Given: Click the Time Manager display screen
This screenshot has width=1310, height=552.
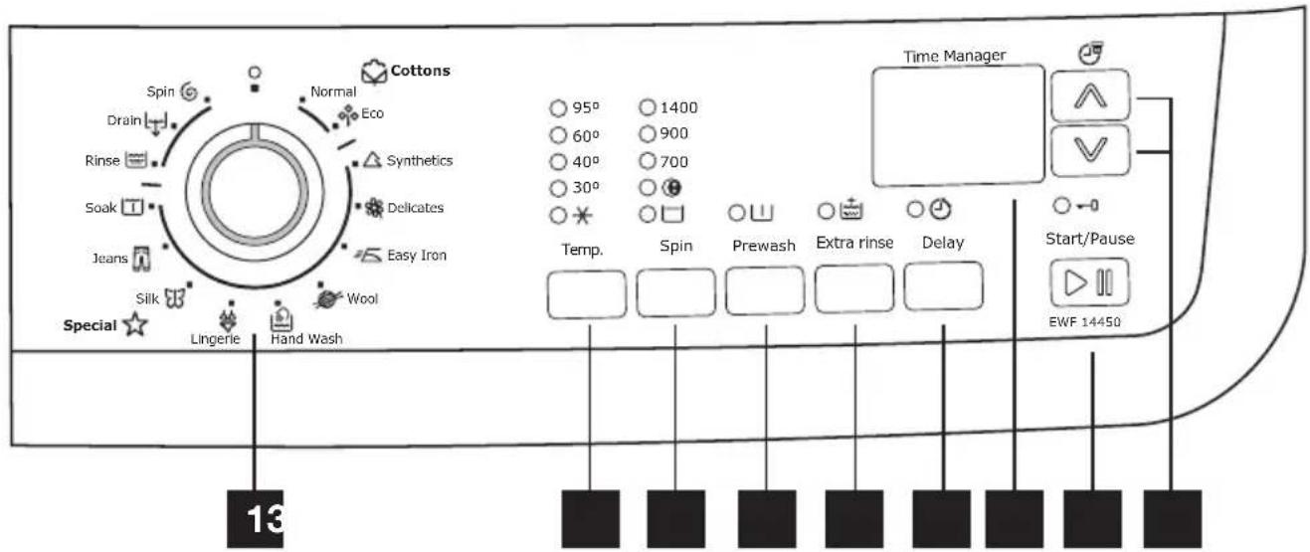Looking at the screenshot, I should click(x=957, y=126).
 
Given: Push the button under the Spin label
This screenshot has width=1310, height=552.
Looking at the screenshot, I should click(x=675, y=291).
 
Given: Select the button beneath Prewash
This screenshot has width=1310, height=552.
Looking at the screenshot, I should click(x=764, y=291).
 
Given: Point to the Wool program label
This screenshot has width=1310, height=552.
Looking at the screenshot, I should click(x=361, y=298).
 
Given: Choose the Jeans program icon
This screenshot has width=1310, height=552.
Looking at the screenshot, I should click(x=141, y=260).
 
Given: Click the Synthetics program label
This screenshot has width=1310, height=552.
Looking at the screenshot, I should click(x=419, y=160).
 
